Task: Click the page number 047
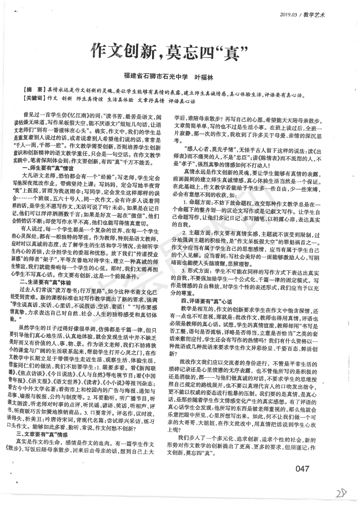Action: (x=302, y=455)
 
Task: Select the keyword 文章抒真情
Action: (x=151, y=97)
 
